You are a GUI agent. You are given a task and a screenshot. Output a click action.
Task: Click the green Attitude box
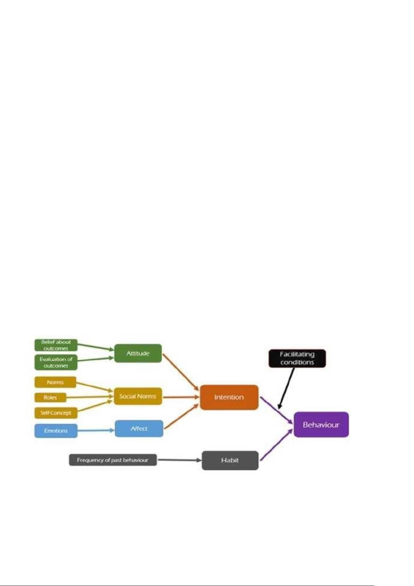pyautogui.click(x=138, y=353)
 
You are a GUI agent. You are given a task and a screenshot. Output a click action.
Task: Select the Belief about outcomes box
pyautogui.click(x=56, y=345)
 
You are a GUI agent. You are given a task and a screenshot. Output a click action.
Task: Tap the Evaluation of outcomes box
pyautogui.click(x=56, y=362)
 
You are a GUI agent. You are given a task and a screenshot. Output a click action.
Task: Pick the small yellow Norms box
pyautogui.click(x=55, y=382)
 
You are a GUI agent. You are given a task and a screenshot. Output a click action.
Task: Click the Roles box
pyautogui.click(x=50, y=398)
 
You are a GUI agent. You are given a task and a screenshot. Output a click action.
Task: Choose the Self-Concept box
pyautogui.click(x=56, y=413)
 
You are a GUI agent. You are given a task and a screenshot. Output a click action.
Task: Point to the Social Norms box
pyautogui.click(x=138, y=396)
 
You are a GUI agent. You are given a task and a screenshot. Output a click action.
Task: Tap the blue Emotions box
pyautogui.click(x=56, y=431)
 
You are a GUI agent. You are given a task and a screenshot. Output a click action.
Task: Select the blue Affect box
pyautogui.click(x=139, y=428)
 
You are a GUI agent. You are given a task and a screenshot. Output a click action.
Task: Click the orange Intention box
pyautogui.click(x=229, y=397)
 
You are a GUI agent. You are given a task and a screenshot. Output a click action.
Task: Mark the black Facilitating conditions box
pyautogui.click(x=297, y=358)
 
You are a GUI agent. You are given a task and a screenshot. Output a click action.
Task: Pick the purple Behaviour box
pyautogui.click(x=321, y=425)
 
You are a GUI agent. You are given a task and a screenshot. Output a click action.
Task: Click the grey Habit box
pyautogui.click(x=230, y=460)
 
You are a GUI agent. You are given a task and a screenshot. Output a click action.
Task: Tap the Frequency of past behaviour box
pyautogui.click(x=113, y=460)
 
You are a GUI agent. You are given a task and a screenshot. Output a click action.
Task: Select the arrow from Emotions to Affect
pyautogui.click(x=96, y=431)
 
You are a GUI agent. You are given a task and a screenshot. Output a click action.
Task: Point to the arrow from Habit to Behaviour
pyautogui.click(x=276, y=445)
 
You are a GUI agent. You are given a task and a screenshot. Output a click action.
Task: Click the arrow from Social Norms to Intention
pyautogui.click(x=181, y=397)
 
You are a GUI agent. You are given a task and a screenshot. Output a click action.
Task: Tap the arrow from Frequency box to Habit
pyautogui.click(x=179, y=460)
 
